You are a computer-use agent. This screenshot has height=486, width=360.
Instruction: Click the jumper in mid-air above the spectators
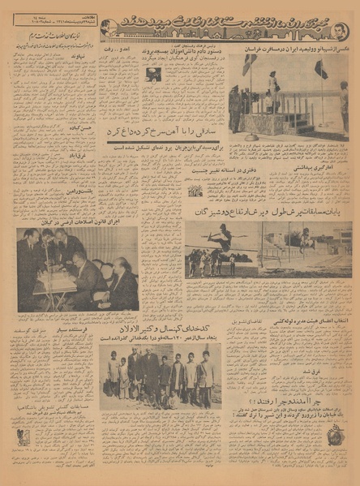pyautogui.click(x=220, y=236)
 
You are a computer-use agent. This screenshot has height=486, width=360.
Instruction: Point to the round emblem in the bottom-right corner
pyautogui.click(x=335, y=436)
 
